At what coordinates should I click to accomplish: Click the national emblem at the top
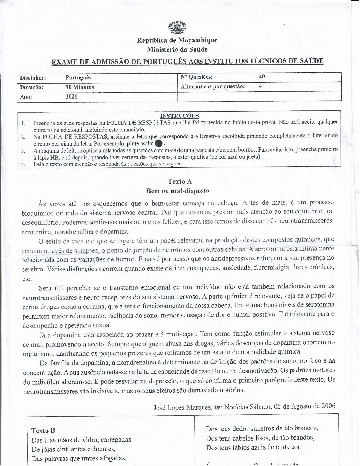pyautogui.click(x=177, y=27)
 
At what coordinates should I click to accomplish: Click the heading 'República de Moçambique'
pyautogui.click(x=177, y=40)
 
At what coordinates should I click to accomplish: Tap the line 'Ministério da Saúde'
pyautogui.click(x=177, y=50)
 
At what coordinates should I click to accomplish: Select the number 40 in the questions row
pyautogui.click(x=262, y=77)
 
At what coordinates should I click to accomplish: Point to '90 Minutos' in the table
pyautogui.click(x=80, y=87)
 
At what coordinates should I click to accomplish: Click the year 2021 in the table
pyautogui.click(x=71, y=97)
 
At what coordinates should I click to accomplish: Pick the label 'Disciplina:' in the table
pyautogui.click(x=33, y=78)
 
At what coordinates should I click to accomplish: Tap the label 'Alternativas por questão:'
pyautogui.click(x=213, y=87)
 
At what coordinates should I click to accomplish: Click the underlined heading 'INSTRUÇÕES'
pyautogui.click(x=179, y=116)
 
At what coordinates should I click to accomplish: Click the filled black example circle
pyautogui.click(x=159, y=143)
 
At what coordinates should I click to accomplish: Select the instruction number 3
pyautogui.click(x=23, y=151)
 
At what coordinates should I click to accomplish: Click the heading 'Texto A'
pyautogui.click(x=180, y=181)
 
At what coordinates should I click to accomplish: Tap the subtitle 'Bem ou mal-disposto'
pyautogui.click(x=178, y=191)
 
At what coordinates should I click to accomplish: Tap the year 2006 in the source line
pyautogui.click(x=328, y=406)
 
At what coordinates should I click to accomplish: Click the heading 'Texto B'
pyautogui.click(x=43, y=431)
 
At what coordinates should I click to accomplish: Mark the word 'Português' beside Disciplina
pyautogui.click(x=78, y=78)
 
